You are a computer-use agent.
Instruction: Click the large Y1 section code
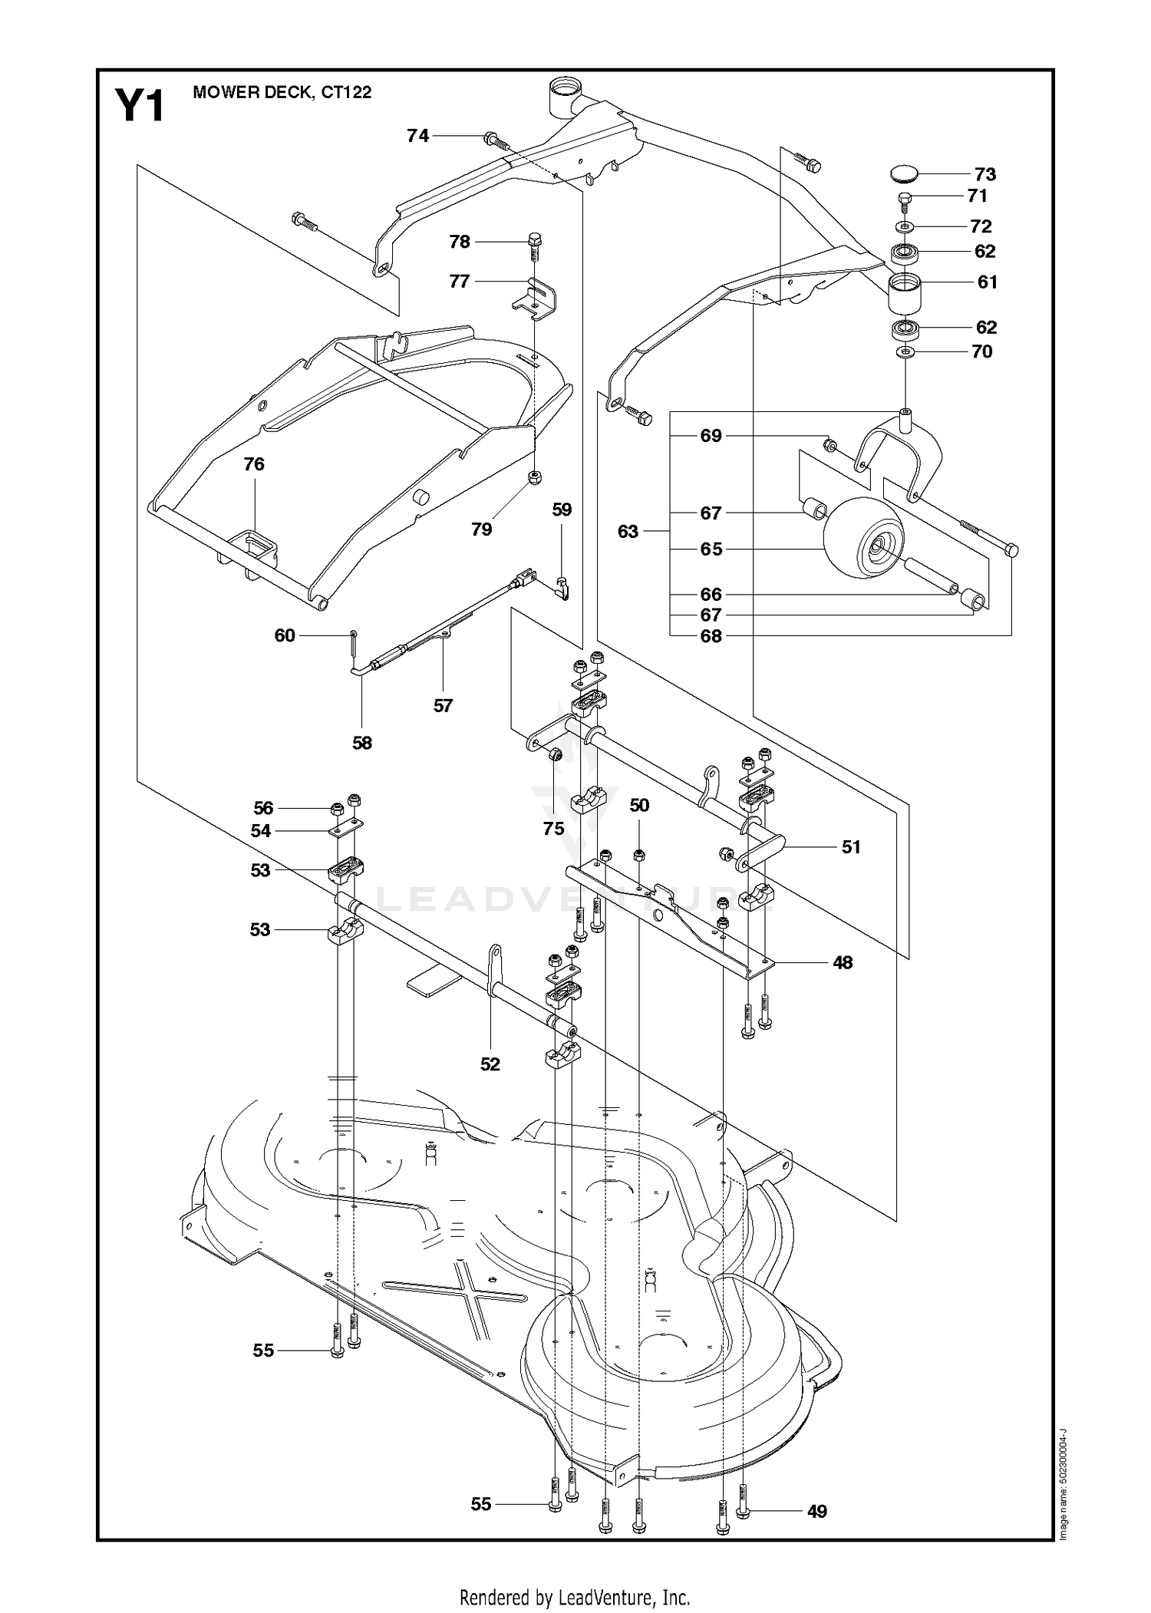tap(140, 106)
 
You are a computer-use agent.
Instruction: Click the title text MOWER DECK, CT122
tap(282, 92)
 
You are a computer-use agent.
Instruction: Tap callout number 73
tap(984, 174)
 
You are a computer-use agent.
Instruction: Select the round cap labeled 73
tap(905, 174)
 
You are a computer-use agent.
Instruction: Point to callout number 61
tap(987, 282)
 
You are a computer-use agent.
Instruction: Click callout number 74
tap(417, 136)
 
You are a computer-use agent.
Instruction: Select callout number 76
tap(254, 463)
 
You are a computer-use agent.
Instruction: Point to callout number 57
tap(443, 705)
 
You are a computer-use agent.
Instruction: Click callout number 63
tap(628, 531)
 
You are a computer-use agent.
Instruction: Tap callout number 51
tap(851, 847)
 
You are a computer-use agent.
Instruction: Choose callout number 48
tap(843, 962)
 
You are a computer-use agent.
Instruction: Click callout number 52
tap(490, 1064)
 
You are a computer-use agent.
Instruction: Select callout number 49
tap(817, 1512)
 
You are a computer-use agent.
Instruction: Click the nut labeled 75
tap(558, 755)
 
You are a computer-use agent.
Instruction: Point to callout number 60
tap(285, 635)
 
